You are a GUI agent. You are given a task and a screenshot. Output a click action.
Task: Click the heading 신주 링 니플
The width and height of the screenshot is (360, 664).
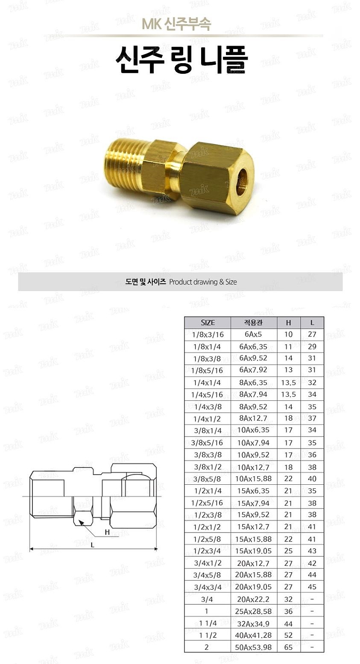[x=181, y=60]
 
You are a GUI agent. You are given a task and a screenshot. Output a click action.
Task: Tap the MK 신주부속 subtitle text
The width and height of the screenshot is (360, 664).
[x=176, y=24]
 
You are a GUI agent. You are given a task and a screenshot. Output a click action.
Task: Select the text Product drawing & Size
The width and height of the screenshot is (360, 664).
[x=203, y=282]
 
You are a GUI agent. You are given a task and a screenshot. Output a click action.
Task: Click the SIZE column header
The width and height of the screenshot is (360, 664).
[x=208, y=323]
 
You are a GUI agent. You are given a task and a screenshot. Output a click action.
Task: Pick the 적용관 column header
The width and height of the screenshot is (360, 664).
[x=253, y=323]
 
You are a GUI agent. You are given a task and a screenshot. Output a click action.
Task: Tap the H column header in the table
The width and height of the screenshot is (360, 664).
[x=288, y=323]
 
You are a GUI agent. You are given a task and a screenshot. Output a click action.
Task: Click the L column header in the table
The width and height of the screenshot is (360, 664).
[x=312, y=323]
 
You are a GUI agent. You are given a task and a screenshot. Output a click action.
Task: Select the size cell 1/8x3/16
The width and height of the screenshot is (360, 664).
[x=208, y=335]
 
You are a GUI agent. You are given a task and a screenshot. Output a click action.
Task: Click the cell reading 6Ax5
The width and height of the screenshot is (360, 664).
[x=253, y=335]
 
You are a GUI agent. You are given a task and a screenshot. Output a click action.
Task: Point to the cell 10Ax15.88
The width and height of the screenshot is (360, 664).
[x=253, y=479]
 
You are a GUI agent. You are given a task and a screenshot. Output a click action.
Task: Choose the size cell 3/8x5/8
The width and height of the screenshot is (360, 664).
[x=208, y=479]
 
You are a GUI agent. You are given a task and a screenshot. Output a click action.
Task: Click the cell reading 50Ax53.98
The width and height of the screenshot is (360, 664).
[x=253, y=647]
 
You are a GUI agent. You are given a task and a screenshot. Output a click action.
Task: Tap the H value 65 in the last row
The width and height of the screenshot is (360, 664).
[x=288, y=647]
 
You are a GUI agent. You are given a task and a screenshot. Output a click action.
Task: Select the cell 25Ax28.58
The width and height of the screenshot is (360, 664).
[x=253, y=611]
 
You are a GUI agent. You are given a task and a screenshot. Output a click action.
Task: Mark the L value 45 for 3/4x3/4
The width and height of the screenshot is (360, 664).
[x=312, y=587]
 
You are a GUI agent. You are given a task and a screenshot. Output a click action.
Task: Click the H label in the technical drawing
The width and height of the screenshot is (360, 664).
[x=107, y=532]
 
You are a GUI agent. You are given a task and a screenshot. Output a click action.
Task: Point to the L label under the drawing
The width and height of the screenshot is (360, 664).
[x=92, y=545]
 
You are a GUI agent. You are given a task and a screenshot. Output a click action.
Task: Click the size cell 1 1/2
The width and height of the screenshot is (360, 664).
[x=208, y=635]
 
